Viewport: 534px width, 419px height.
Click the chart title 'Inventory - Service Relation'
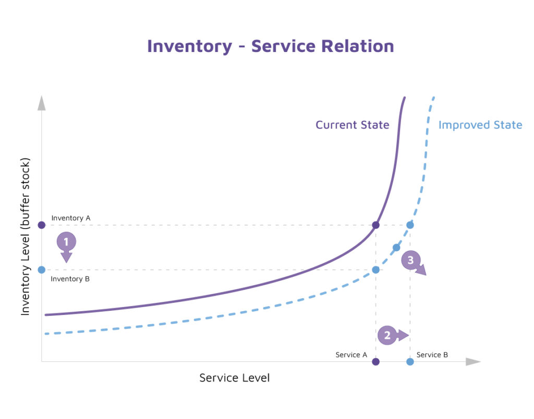point(270,46)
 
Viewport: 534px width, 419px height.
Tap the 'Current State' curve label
point(352,125)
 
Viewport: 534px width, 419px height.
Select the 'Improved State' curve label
point(480,125)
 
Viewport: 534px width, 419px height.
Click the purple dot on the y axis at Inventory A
point(42,225)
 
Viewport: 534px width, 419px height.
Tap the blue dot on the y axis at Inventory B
point(42,270)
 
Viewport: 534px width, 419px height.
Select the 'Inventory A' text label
point(71,218)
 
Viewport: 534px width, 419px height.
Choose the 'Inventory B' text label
point(70,279)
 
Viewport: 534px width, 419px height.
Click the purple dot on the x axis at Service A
point(376,361)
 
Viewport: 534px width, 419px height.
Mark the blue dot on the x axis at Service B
point(410,361)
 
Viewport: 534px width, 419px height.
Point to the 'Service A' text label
point(351,354)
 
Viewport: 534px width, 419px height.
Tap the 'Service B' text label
point(432,354)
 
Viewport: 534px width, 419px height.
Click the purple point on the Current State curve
point(375,225)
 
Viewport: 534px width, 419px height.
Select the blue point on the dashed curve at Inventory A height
point(410,225)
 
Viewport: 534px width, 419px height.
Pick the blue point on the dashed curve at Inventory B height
point(375,270)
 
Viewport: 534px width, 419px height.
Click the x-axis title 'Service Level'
point(234,378)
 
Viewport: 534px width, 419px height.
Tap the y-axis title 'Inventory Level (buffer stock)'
point(26,236)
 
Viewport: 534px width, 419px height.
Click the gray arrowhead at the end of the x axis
point(473,361)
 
